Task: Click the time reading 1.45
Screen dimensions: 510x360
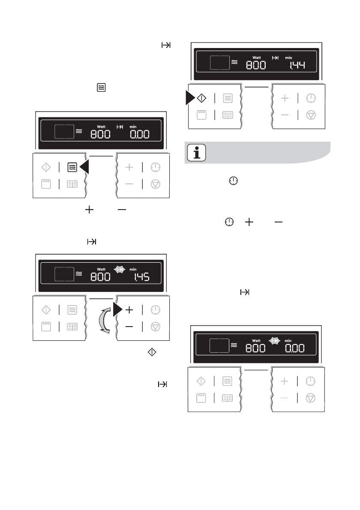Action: (141, 277)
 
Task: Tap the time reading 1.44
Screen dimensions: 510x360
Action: (297, 65)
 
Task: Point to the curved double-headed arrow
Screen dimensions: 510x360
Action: (102, 318)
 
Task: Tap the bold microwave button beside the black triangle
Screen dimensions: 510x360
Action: (72, 167)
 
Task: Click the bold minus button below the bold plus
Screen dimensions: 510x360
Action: (129, 327)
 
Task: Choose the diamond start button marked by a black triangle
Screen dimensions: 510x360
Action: (201, 99)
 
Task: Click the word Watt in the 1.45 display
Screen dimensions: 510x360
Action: (101, 269)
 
